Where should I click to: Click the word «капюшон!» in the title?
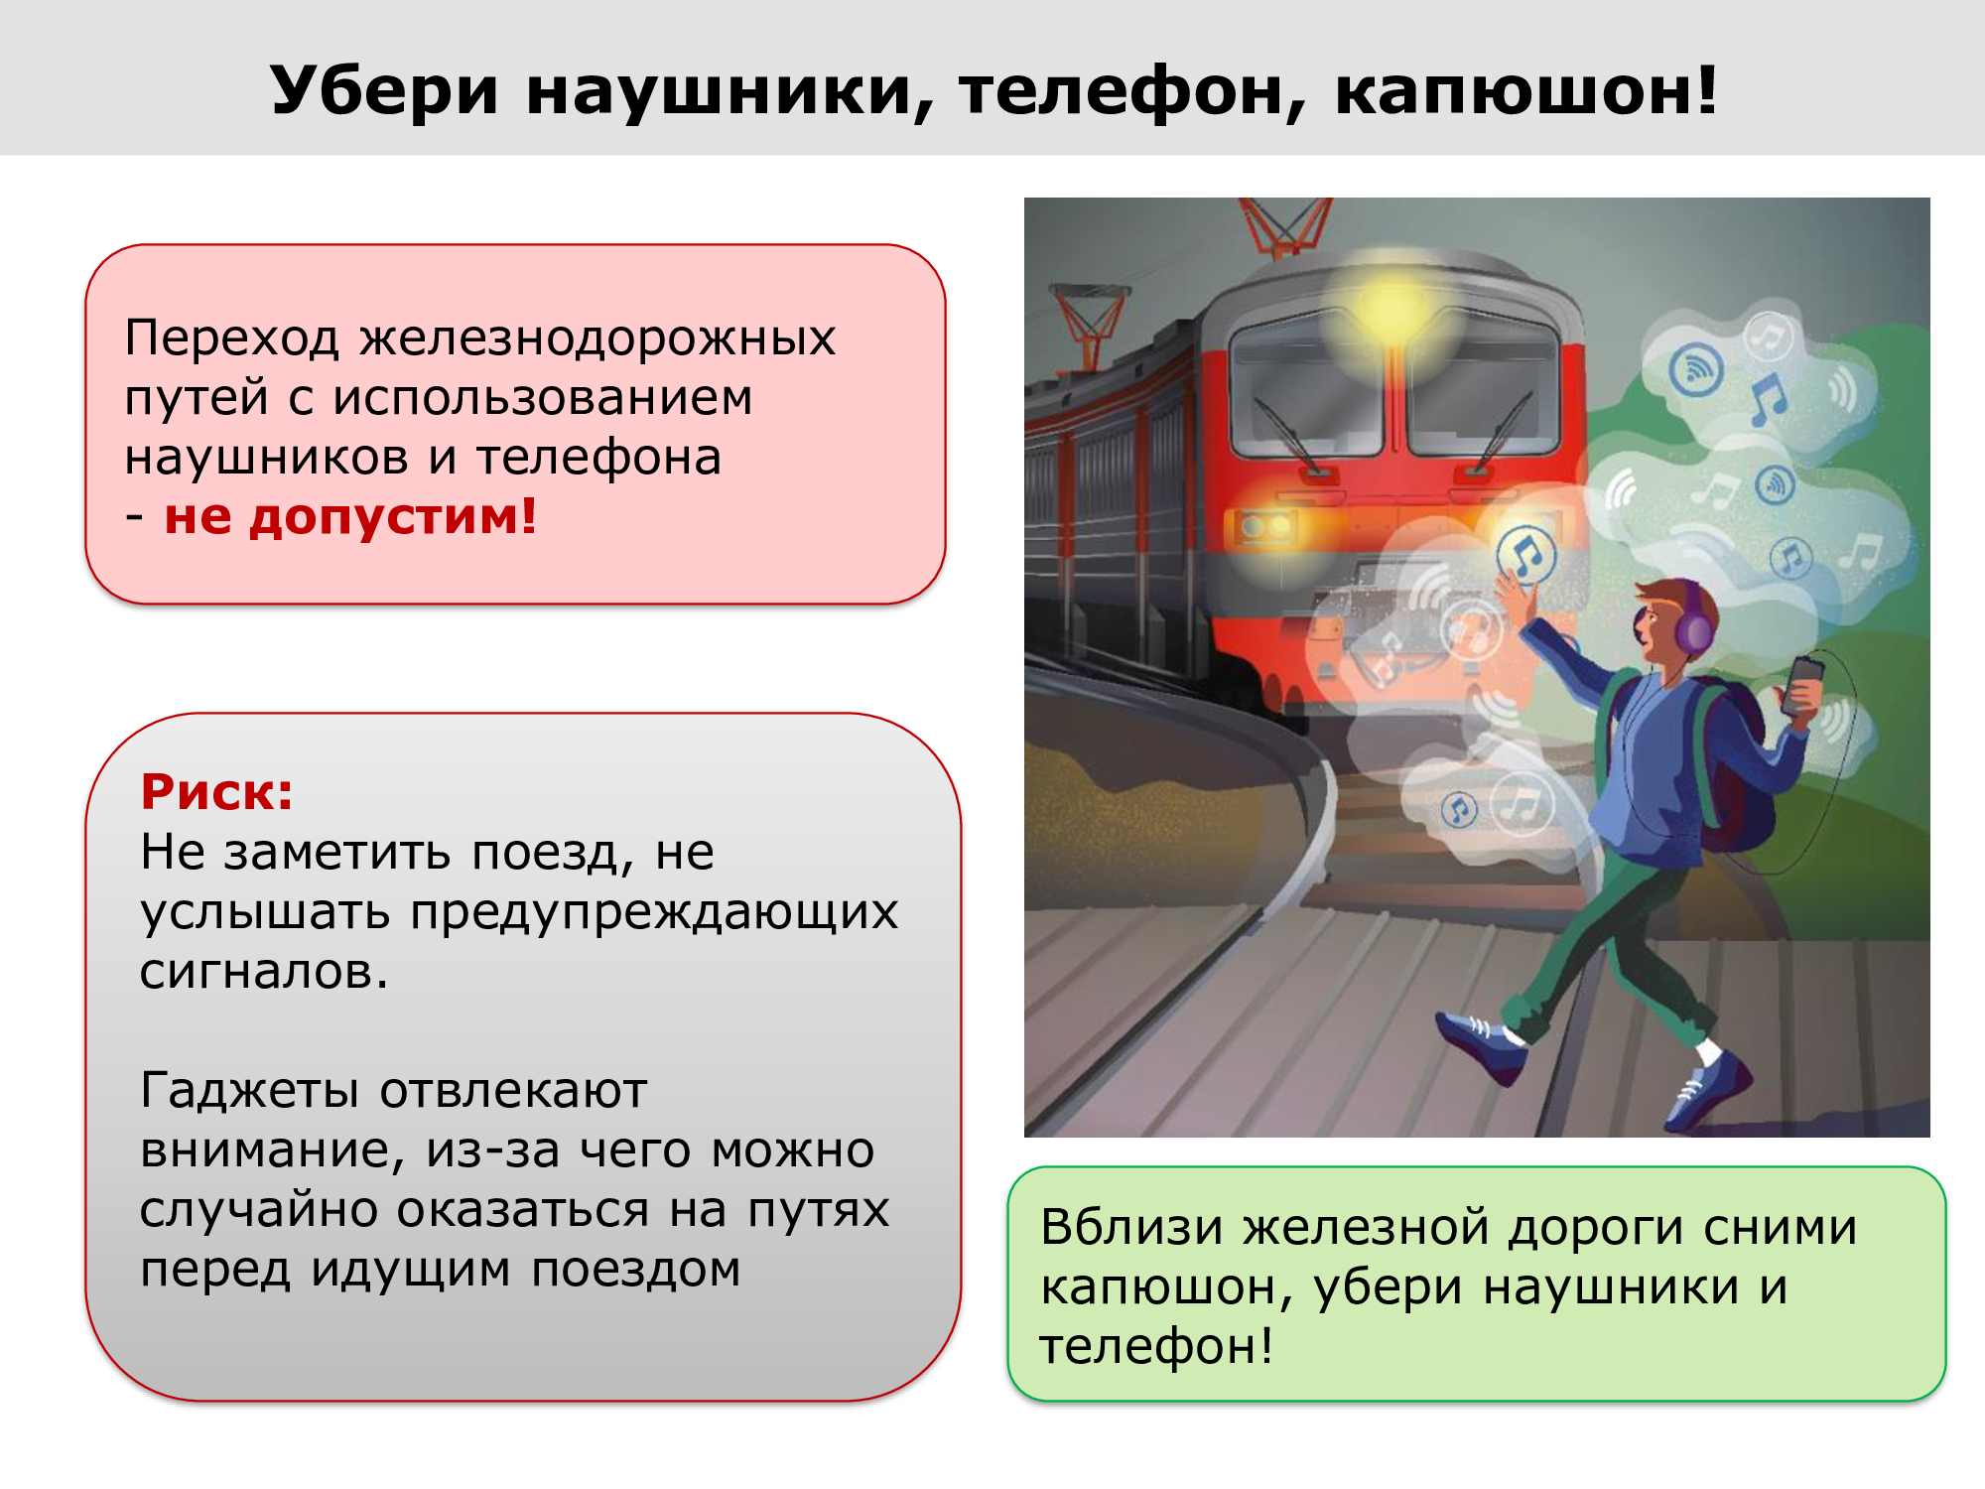1526,91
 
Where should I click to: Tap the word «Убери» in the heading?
383,91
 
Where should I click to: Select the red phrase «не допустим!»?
350,516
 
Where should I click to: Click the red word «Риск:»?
217,792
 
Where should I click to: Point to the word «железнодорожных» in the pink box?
597,338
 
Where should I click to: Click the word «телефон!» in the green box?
1156,1346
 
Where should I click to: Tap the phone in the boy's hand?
1802,685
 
